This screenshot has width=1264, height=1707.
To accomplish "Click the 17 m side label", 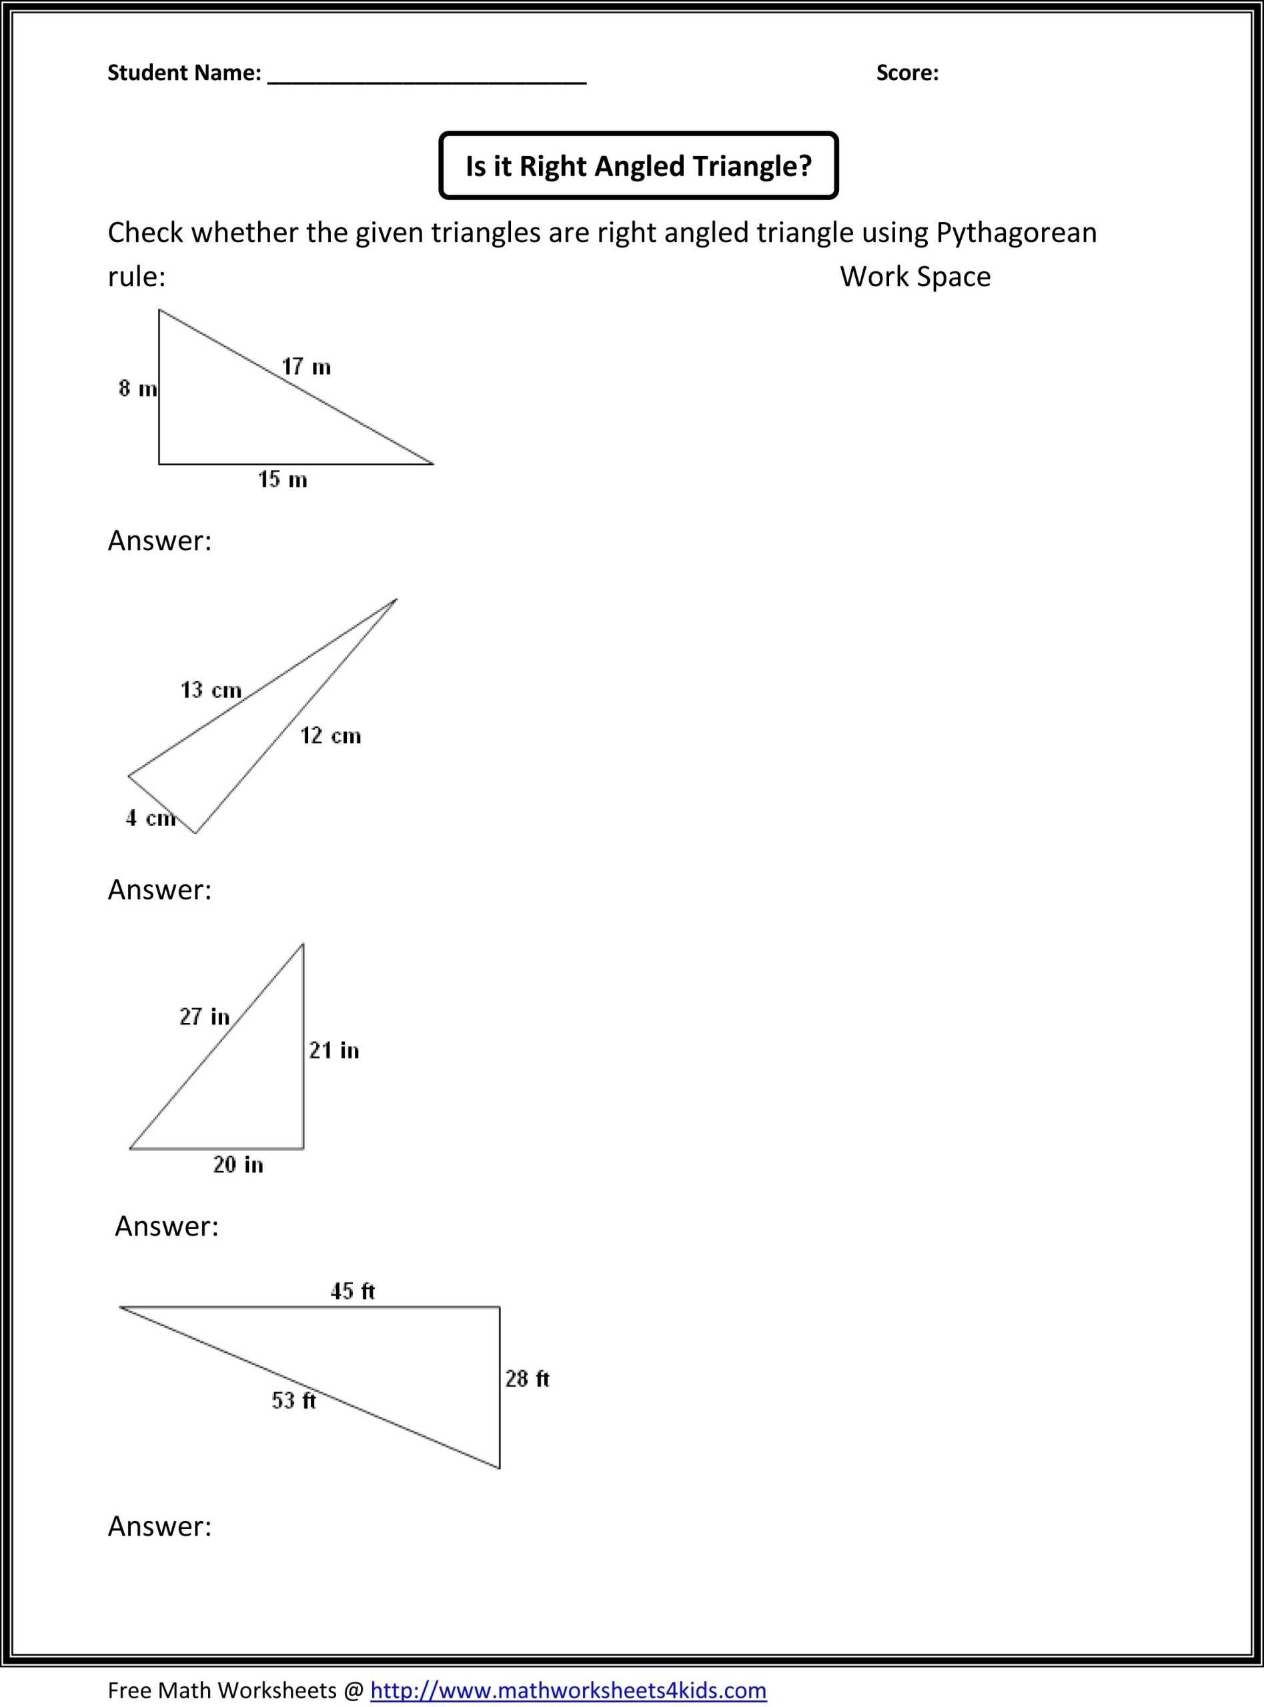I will coord(306,367).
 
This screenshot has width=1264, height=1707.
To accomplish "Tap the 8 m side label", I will coord(137,389).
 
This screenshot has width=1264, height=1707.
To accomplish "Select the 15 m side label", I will coord(282,480).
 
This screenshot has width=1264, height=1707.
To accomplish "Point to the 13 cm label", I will coord(210,691).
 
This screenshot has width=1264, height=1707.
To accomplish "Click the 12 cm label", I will coord(330,735).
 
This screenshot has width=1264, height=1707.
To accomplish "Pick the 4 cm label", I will coord(150,818).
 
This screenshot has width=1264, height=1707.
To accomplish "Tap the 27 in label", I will coord(204,1016).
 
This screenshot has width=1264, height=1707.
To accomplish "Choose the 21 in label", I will coord(334,1050).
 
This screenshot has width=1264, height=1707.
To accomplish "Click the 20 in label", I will coord(238,1165).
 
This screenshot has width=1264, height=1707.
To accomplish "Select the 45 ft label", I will coord(352,1291).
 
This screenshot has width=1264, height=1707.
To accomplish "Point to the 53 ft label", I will coord(293,1400).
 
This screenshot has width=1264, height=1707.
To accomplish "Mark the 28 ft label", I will coord(527,1379).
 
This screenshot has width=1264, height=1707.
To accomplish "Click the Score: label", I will coord(906,73).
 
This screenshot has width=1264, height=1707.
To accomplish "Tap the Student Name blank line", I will coord(427,77).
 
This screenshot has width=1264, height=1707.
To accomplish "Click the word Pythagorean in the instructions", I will coord(1016,233).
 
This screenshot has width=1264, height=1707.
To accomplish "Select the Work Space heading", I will coord(915,277).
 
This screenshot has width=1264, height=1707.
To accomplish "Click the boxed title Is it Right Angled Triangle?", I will coord(638,166).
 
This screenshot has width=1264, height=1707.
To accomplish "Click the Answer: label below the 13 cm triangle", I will coord(159,890).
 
